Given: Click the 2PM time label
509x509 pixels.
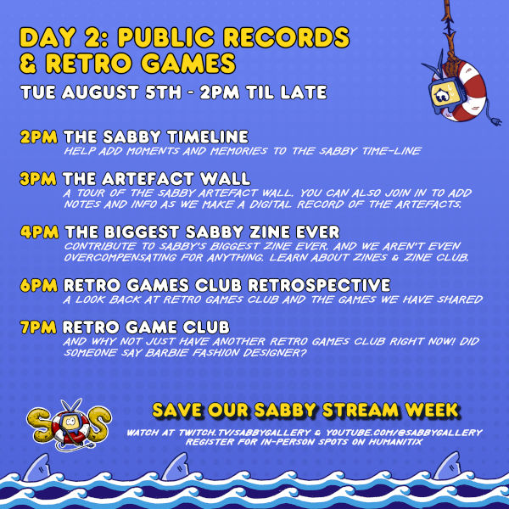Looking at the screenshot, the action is (x=39, y=137).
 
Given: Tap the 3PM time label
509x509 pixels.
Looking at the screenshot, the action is (x=38, y=179).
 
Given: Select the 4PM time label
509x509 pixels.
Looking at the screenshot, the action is (x=40, y=232).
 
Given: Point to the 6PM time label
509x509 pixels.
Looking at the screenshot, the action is (x=39, y=285).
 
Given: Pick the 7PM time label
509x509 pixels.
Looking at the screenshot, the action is (x=38, y=327).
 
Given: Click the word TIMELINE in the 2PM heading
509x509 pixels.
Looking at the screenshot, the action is (x=208, y=137).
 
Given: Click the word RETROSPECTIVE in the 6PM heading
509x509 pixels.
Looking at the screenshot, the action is (x=319, y=285).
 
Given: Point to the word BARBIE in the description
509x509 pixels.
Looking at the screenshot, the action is (x=166, y=353).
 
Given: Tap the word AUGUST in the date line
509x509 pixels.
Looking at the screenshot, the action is (x=100, y=92).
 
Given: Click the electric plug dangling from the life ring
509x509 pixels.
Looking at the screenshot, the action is (x=495, y=121).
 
